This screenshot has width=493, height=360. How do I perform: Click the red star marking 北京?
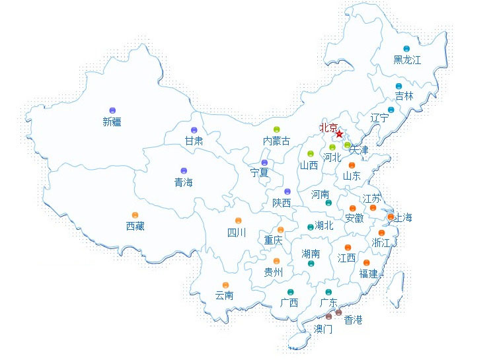339,134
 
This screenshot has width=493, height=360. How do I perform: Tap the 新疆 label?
112,122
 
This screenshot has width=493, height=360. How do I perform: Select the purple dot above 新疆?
112,110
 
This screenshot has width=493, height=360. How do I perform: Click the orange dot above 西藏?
135,215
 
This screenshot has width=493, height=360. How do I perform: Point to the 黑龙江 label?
407,60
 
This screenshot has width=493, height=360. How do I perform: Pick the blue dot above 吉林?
398,87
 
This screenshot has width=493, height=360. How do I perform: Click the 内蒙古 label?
276,141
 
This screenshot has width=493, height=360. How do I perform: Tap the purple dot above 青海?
184,171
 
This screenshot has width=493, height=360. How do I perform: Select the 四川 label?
237,233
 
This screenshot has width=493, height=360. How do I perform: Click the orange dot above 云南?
226,285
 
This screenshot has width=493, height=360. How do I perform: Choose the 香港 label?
348,320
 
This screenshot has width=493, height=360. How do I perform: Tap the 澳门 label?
323,328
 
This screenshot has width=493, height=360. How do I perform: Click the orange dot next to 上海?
391,217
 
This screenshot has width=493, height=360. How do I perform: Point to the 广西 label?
289,303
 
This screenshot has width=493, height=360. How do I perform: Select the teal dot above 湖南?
311,264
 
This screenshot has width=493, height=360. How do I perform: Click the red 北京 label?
328,127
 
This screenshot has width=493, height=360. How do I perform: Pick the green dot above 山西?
310,154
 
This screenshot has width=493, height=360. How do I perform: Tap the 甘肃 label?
194,141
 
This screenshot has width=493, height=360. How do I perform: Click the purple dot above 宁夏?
264,162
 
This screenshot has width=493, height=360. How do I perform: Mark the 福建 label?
368,273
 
